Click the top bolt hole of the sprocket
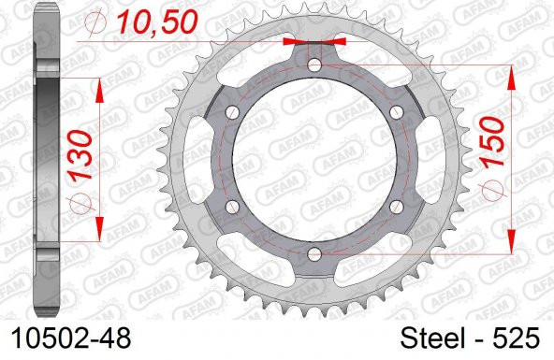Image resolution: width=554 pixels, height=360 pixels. coord(314,64)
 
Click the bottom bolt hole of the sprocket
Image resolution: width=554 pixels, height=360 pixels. coord(314,254)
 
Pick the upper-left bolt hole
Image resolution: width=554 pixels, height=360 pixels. coord(232,111)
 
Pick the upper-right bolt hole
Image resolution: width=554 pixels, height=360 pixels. coord(397,111)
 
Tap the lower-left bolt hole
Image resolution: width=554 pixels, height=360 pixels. coord(232,207)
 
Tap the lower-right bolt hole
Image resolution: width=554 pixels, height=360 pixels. coord(397,207)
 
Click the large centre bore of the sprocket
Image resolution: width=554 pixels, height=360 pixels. coord(314,159)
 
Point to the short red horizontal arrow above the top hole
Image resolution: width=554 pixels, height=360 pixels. coord(314,42)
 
